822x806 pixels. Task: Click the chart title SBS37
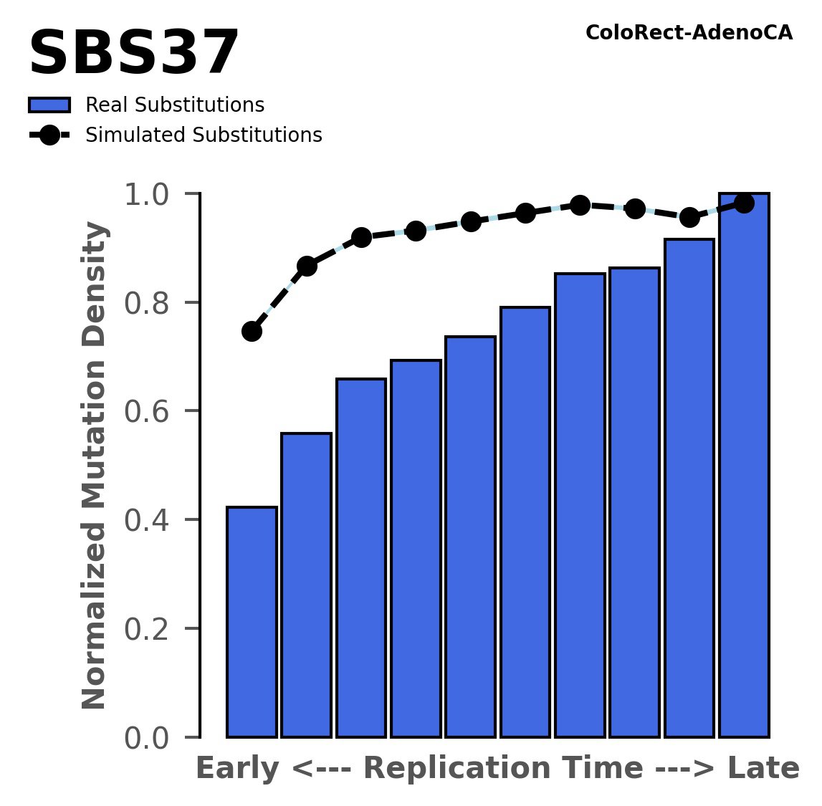coord(133,54)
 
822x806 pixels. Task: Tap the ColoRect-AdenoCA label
coord(689,33)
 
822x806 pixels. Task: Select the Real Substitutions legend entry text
coord(175,105)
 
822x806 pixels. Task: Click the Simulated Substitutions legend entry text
coord(204,135)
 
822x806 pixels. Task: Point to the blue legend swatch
coord(49,105)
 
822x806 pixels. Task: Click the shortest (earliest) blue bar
coord(252,622)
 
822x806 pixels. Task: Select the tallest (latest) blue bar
coord(744,466)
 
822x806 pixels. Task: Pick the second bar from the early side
coord(306,585)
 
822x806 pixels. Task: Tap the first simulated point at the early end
coord(252,331)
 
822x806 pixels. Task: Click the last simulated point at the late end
coord(744,203)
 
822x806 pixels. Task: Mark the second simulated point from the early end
coord(307,266)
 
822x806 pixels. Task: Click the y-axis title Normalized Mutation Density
coord(95,466)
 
